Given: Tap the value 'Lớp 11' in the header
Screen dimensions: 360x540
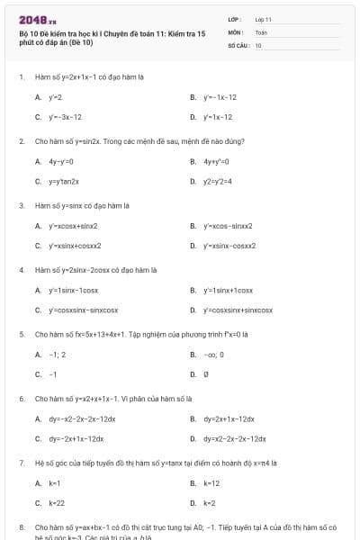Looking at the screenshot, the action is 264,19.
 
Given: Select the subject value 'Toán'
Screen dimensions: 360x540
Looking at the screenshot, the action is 261,31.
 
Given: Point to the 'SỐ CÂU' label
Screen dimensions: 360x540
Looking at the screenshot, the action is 238,44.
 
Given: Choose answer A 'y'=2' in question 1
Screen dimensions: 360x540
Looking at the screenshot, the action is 54,96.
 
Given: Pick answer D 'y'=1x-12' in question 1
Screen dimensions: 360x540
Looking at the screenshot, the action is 217,117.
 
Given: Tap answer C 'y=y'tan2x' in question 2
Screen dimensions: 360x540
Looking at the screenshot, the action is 60,181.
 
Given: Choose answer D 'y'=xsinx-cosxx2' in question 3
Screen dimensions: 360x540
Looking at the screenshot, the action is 229,245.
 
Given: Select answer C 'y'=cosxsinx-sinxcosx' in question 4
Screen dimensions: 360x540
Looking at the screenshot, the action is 82,310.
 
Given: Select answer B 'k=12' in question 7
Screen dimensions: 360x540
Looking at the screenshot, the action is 211,482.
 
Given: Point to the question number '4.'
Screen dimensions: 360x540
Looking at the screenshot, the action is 22,269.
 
